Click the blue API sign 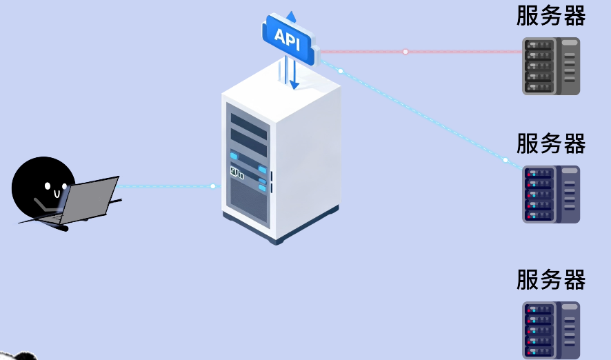click(x=288, y=37)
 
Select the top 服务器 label click(x=551, y=15)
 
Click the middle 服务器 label click(x=551, y=143)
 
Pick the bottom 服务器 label click(x=551, y=279)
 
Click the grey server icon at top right click(x=551, y=66)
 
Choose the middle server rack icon click(x=551, y=194)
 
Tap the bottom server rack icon click(x=551, y=330)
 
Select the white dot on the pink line click(x=405, y=52)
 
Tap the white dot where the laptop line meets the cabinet click(x=213, y=186)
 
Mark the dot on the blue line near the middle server click(x=505, y=160)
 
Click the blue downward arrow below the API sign click(x=294, y=83)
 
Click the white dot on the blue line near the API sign click(x=341, y=71)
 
